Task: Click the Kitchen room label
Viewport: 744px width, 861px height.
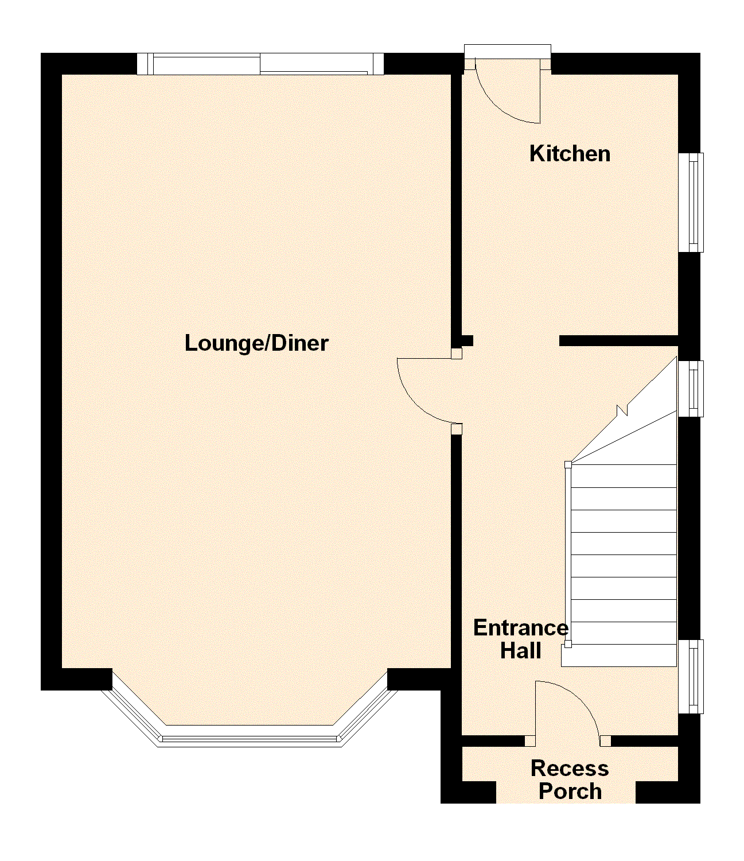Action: coord(570,154)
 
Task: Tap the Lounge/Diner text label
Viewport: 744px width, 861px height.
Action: coord(256,343)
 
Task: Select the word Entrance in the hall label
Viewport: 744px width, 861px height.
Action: coord(521,628)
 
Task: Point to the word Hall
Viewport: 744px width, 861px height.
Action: coord(521,651)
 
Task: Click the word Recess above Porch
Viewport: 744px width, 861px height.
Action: coord(570,769)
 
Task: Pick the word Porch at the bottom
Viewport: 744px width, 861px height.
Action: coord(570,792)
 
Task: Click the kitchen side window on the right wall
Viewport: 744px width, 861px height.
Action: coord(692,203)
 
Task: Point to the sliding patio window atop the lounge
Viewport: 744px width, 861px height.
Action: coord(260,64)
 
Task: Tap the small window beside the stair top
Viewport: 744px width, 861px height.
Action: coord(692,389)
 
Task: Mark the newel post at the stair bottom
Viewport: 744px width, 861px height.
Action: coord(568,645)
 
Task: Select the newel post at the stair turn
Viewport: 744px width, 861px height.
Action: coord(568,464)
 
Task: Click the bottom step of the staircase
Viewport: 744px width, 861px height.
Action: coord(619,656)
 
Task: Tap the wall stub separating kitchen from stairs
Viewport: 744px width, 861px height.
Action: coord(619,341)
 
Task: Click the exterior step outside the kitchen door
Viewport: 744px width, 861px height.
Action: coord(508,51)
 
